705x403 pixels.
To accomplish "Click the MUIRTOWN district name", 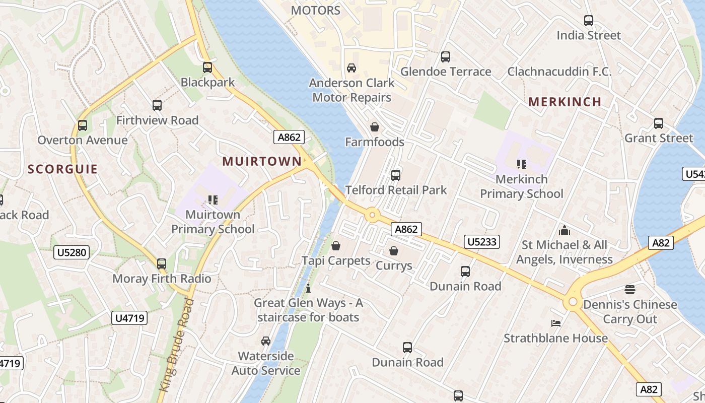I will [x=262, y=161].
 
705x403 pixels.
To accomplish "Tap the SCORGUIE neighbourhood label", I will [x=62, y=169].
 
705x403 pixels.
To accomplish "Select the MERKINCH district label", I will [x=565, y=102].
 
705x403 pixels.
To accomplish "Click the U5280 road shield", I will [x=72, y=252].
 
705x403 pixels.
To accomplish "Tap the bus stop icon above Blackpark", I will [x=207, y=68].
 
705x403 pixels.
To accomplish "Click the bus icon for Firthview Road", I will [x=157, y=105].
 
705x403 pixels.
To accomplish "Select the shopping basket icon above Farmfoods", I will [x=375, y=127].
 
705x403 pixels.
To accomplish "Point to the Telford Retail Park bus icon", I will [x=396, y=175].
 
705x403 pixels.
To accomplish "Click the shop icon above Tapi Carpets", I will [x=336, y=246].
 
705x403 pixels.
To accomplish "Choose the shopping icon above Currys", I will [x=394, y=251].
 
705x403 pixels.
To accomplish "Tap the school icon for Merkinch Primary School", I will [x=521, y=164].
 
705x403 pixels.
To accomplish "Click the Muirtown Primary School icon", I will [x=213, y=200].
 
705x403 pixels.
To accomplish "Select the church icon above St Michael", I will [x=565, y=230].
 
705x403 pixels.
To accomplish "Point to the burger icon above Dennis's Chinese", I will [x=630, y=290].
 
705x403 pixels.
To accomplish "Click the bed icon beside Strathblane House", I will [x=556, y=323].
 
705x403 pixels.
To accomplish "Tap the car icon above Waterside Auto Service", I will [x=266, y=341].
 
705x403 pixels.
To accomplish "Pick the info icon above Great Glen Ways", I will [x=308, y=289].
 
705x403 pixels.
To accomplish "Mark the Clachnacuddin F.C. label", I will [x=559, y=72].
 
